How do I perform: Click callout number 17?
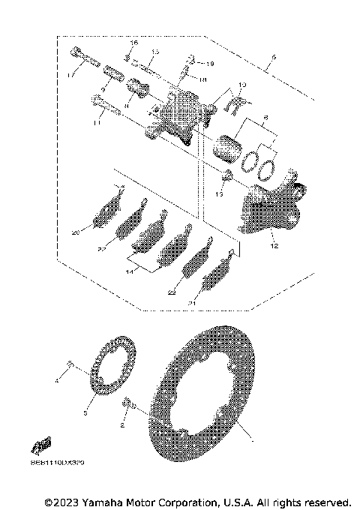click(70, 75)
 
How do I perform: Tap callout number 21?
click(193, 303)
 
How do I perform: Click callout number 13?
click(219, 193)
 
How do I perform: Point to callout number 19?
click(210, 64)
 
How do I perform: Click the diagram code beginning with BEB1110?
click(58, 464)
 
